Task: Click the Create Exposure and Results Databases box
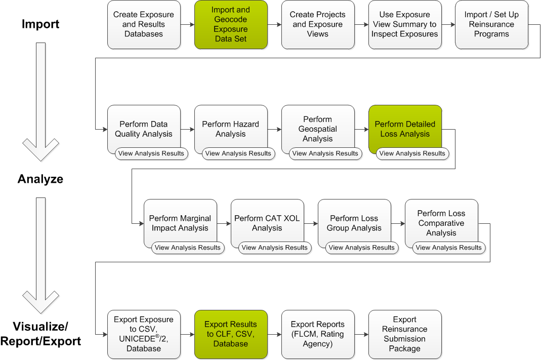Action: (144, 24)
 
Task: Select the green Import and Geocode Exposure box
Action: (231, 24)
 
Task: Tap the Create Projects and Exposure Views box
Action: (318, 24)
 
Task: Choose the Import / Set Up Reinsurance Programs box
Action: (491, 24)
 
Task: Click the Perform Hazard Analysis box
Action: (231, 129)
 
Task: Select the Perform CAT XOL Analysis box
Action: (267, 223)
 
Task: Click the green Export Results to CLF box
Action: (231, 334)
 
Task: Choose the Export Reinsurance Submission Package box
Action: (405, 334)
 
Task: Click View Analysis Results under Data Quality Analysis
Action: (151, 153)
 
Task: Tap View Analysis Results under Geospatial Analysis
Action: (325, 153)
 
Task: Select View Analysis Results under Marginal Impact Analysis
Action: (188, 248)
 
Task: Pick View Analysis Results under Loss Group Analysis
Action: (362, 248)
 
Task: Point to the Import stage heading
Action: (40, 24)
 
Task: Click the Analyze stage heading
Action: (40, 179)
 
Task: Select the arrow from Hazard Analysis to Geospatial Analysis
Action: (274, 129)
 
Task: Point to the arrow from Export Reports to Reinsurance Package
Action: (361, 334)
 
